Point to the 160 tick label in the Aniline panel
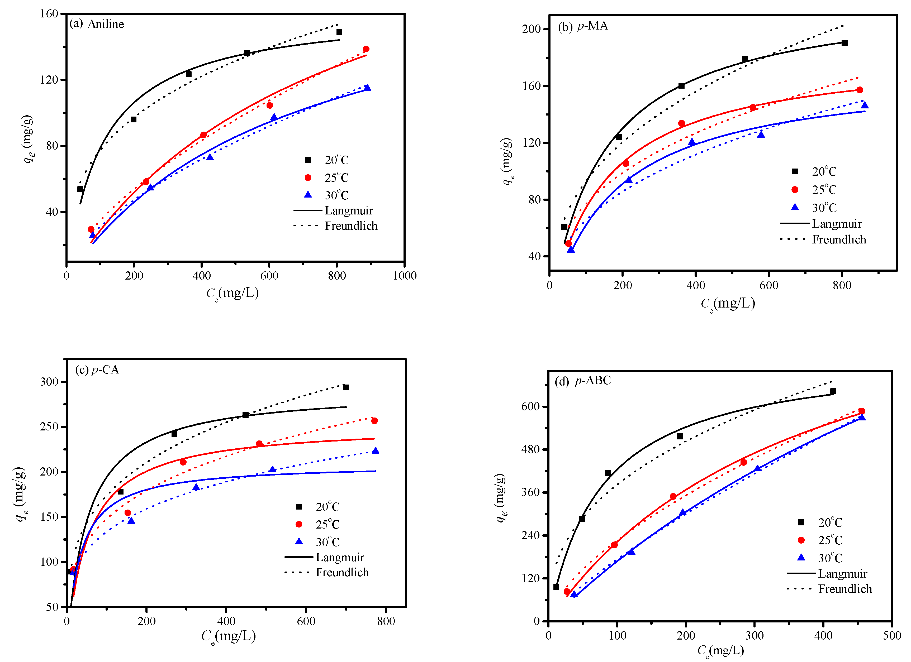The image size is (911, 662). coord(49,14)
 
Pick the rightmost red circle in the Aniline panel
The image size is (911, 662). coord(366,49)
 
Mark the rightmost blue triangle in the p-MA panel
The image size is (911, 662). coord(865,105)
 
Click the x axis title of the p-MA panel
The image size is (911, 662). coord(728,304)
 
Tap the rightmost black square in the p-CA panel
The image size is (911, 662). coord(346,388)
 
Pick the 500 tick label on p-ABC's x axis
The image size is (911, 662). coord(892,636)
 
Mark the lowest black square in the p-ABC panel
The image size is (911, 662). coord(556,587)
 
